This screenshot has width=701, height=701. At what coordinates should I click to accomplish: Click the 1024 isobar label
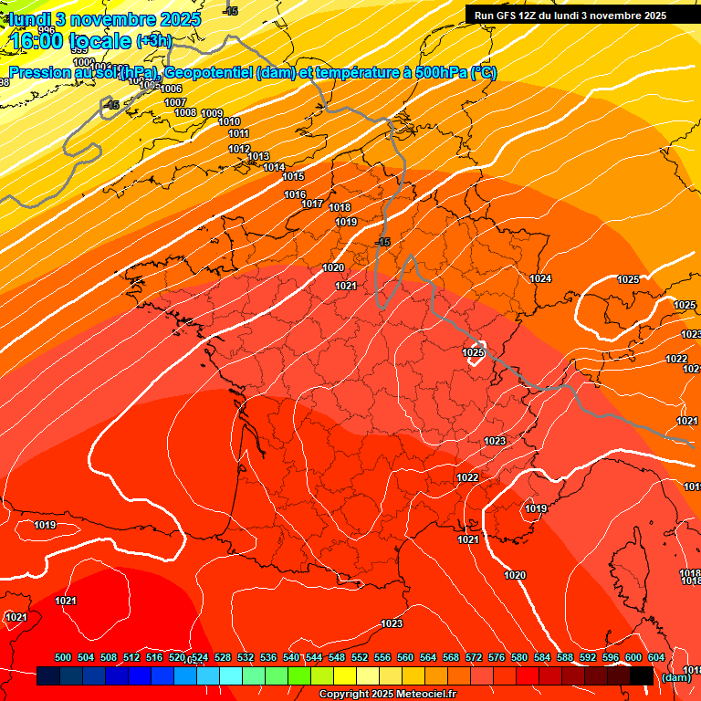pos(540,278)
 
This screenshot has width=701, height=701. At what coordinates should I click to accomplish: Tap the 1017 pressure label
pos(313,204)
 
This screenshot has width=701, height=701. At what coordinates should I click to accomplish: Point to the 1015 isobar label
pos(293,176)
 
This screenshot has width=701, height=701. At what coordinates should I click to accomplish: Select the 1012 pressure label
pos(239,149)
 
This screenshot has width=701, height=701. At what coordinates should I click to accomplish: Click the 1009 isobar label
pos(212,113)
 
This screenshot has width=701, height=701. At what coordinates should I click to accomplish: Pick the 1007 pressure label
pos(175,102)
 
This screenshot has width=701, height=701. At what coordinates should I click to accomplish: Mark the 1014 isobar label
pos(274,167)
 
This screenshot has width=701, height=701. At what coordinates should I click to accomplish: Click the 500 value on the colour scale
pos(63,657)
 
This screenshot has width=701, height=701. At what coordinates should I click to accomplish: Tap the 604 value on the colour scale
pos(656,657)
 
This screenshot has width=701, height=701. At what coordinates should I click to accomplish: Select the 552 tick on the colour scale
pos(360,657)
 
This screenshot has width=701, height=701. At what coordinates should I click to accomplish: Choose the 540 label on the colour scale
pos(291,657)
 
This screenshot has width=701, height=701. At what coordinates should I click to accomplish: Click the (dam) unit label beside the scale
pos(675,676)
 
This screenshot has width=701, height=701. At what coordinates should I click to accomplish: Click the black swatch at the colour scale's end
pos(642,676)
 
